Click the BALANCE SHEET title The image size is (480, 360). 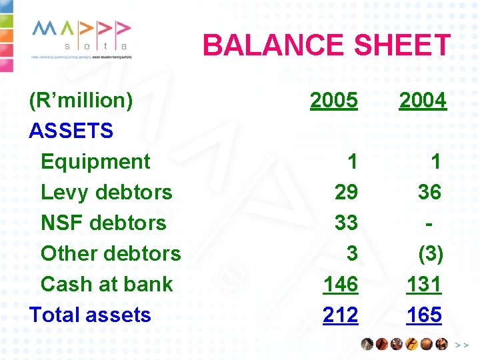(327, 46)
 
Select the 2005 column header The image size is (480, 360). (334, 101)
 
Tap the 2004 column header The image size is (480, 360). (423, 101)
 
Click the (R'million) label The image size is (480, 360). (81, 101)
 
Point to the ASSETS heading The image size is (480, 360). (71, 131)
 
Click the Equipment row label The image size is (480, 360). (95, 161)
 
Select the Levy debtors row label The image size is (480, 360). (107, 192)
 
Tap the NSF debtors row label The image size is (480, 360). (103, 223)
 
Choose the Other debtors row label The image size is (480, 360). (111, 253)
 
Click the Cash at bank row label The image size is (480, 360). (107, 284)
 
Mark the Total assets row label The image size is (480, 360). (90, 315)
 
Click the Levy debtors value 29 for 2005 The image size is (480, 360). (346, 192)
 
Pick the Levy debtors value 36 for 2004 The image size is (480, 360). (429, 192)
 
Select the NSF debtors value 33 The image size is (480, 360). (346, 223)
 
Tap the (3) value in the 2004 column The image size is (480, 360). (430, 253)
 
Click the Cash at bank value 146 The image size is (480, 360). (340, 284)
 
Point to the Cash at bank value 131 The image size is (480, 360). (424, 284)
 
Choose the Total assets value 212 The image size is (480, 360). (340, 315)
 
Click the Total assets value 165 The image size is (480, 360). (424, 315)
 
